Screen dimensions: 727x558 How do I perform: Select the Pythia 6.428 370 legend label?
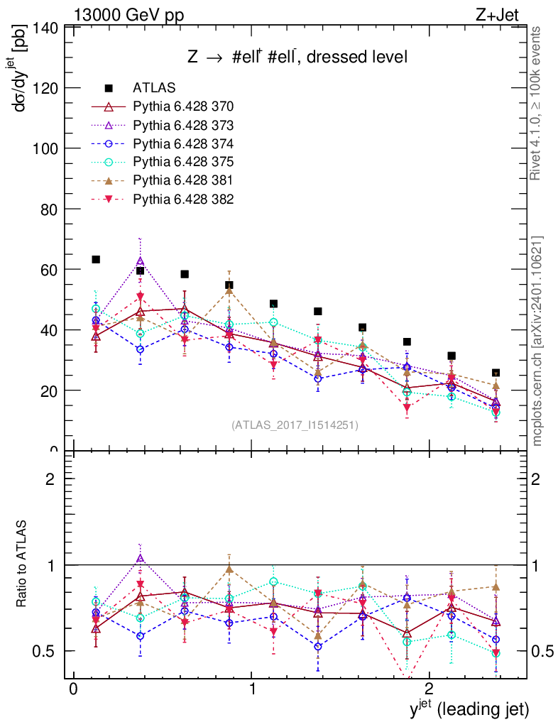(x=183, y=106)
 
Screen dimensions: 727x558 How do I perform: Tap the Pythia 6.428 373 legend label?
(x=183, y=125)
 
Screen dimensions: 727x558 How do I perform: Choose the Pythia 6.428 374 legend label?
(x=183, y=143)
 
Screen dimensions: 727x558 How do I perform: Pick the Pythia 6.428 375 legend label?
(x=183, y=162)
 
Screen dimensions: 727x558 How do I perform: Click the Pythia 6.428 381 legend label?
(x=183, y=180)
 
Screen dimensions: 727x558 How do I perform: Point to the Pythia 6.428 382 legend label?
(x=183, y=199)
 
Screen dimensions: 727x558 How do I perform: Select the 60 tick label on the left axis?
(x=50, y=270)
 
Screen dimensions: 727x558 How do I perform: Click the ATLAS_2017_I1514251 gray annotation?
(x=295, y=425)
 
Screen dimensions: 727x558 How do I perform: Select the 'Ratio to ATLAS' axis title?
(x=22, y=564)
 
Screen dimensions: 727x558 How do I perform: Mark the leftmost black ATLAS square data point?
(x=96, y=260)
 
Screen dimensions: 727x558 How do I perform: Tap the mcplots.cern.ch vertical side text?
(x=537, y=341)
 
